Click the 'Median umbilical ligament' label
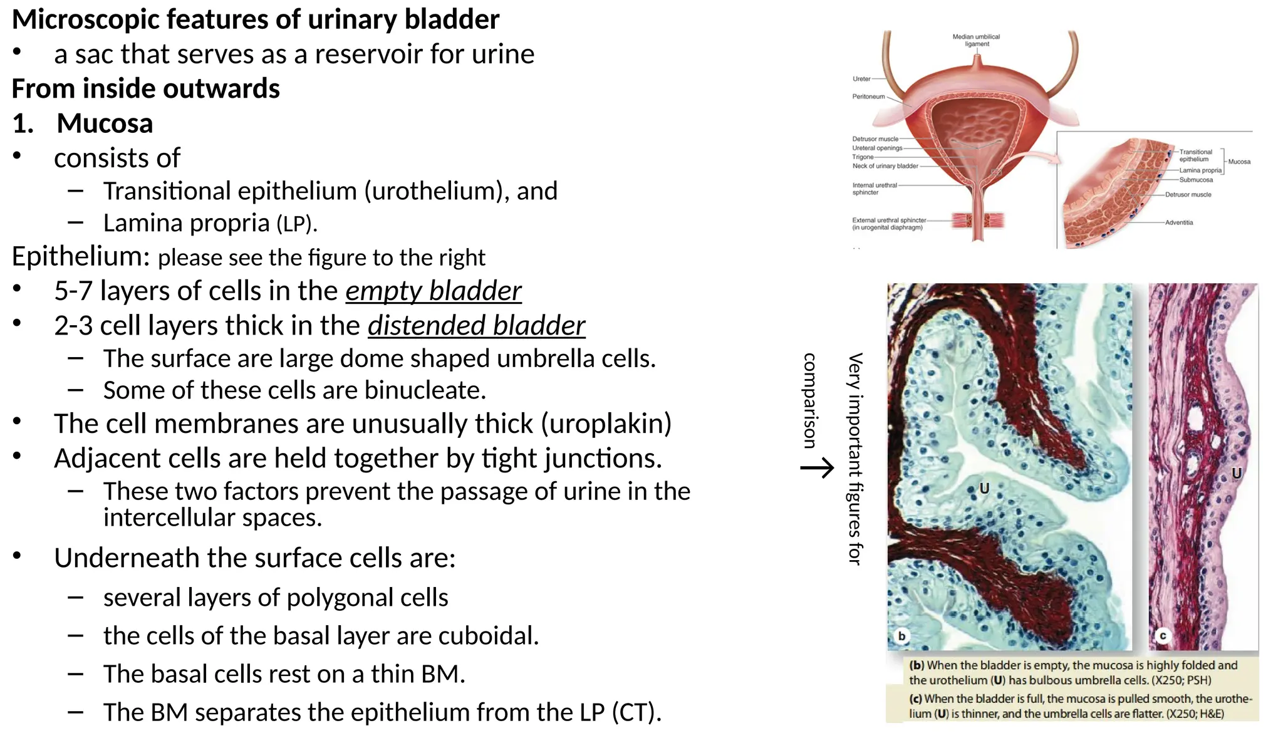(x=976, y=40)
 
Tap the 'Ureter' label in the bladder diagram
(x=861, y=79)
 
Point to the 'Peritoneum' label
(x=868, y=96)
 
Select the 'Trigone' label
(x=863, y=157)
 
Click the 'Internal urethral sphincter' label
(x=874, y=189)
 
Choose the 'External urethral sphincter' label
(x=888, y=224)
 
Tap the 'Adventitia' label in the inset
(x=1179, y=222)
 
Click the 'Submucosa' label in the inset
(x=1196, y=180)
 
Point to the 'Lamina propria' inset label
(x=1200, y=170)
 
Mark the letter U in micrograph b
(x=984, y=488)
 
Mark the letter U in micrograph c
(x=1236, y=474)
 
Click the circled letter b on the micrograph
(x=901, y=636)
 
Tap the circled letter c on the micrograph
(x=1163, y=636)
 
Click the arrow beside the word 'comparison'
(x=818, y=467)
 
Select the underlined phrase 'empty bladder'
(x=433, y=291)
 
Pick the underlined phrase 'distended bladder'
(x=476, y=326)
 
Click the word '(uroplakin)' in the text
(x=606, y=424)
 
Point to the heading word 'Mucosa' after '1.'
(x=105, y=123)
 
